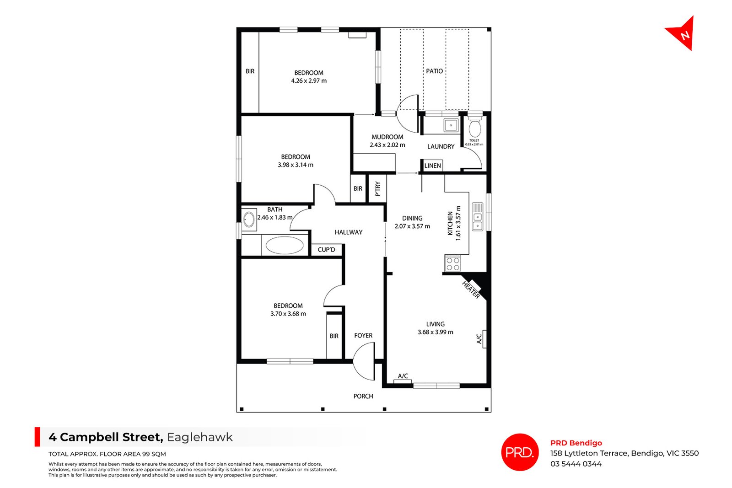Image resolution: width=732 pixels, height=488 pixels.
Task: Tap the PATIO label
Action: (x=434, y=71)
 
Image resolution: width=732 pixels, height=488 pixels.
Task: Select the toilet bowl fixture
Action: (x=474, y=128)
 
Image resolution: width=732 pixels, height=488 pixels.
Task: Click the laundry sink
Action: (x=451, y=125)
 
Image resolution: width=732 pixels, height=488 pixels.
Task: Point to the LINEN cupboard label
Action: (x=433, y=166)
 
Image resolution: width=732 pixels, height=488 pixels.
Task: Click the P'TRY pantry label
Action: (x=378, y=189)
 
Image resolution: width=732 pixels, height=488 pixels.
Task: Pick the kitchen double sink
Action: (x=478, y=217)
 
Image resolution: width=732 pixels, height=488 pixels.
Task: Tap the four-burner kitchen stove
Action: (x=453, y=263)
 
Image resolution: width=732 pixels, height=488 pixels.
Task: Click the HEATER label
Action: (x=471, y=290)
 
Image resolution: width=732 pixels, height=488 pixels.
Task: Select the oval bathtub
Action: (x=285, y=245)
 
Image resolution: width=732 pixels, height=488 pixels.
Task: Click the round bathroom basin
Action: (x=249, y=220)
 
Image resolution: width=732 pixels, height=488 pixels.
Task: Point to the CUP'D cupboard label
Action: (x=327, y=250)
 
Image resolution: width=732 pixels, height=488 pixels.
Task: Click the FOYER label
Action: (x=363, y=335)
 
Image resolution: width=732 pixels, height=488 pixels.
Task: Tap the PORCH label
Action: (x=363, y=396)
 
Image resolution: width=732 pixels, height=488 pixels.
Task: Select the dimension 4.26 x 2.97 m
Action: (x=309, y=80)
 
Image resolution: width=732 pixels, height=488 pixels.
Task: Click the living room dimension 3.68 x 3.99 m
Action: (x=435, y=332)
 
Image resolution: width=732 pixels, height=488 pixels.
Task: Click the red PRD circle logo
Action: (x=520, y=452)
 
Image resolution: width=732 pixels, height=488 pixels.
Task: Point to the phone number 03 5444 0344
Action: (x=576, y=464)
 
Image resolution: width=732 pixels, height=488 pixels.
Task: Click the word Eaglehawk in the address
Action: (x=199, y=437)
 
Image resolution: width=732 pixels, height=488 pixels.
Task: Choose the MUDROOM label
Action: (x=387, y=137)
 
